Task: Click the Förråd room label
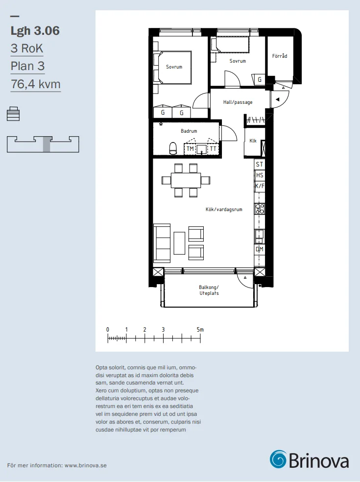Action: point(280,56)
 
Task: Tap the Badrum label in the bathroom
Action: point(189,131)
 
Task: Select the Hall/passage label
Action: point(238,102)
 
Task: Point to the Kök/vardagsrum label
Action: point(224,209)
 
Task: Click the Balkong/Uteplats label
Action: point(209,290)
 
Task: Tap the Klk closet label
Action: point(253,141)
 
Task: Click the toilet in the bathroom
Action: point(173,148)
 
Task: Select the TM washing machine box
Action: point(190,149)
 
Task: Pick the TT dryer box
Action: point(213,149)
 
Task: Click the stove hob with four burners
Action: point(260,209)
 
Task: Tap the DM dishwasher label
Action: point(260,249)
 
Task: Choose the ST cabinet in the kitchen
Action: point(260,165)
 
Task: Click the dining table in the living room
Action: point(186,180)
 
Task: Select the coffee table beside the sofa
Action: point(179,243)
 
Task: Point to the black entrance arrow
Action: point(277,99)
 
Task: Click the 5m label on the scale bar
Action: point(200,330)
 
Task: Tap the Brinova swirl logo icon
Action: point(278,459)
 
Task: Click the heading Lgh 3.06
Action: point(35,31)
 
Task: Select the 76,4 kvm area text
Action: point(36,84)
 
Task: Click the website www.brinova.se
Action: point(85,465)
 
